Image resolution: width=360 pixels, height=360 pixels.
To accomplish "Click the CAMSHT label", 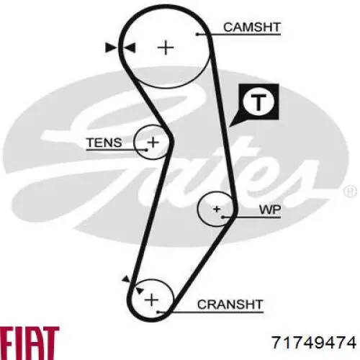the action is pyautogui.click(x=252, y=27).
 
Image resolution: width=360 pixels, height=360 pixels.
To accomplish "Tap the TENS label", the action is pyautogui.click(x=104, y=143).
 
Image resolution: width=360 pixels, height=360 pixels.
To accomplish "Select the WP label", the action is pyautogui.click(x=270, y=210).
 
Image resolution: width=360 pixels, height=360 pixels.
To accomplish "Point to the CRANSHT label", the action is pyautogui.click(x=230, y=305).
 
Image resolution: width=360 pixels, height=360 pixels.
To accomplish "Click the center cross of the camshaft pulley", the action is pyautogui.click(x=166, y=48).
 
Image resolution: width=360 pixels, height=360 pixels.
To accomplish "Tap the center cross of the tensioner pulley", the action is pyautogui.click(x=153, y=143).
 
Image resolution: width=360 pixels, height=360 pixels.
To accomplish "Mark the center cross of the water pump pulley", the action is pyautogui.click(x=217, y=209).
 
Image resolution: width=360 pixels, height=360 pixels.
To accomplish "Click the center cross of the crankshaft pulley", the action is pyautogui.click(x=151, y=300).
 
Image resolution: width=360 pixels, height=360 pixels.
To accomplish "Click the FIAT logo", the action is pyautogui.click(x=30, y=343).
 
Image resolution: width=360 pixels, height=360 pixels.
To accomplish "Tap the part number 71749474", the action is pyautogui.click(x=314, y=342).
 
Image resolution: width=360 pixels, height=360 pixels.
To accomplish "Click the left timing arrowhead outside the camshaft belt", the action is pyautogui.click(x=111, y=48).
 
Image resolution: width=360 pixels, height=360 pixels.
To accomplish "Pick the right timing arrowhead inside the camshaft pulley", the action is pyautogui.click(x=130, y=48).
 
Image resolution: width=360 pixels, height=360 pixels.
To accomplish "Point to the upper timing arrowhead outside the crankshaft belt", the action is pyautogui.click(x=126, y=279).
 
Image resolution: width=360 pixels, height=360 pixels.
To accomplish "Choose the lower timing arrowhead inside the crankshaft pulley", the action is pyautogui.click(x=140, y=290).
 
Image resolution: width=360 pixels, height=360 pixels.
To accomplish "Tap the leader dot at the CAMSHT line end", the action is pyautogui.click(x=197, y=35).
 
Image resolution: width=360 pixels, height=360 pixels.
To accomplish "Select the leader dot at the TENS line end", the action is pyautogui.click(x=146, y=150).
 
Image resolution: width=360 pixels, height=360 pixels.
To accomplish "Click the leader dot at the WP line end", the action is pyautogui.click(x=222, y=217).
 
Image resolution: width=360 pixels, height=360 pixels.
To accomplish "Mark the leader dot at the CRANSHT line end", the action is pyautogui.click(x=158, y=312).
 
